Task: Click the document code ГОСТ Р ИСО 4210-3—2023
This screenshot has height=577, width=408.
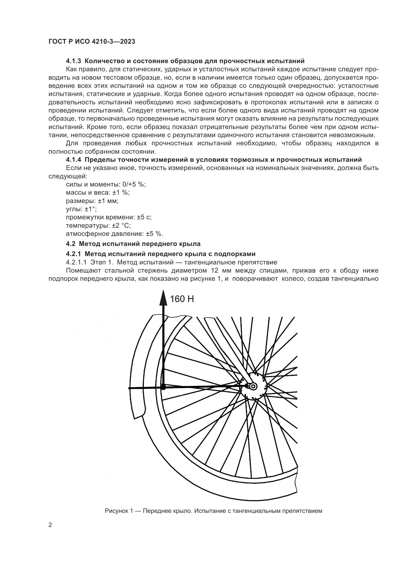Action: click(x=92, y=41)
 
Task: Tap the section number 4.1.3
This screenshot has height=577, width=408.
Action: click(x=73, y=61)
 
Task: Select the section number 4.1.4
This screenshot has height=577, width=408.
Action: click(x=73, y=160)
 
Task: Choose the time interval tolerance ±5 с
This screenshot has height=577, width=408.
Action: click(x=144, y=217)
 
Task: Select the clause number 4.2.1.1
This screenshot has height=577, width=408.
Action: click(x=76, y=262)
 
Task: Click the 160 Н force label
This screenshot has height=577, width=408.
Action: click(x=182, y=299)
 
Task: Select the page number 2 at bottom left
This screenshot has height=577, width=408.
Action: click(x=50, y=532)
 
